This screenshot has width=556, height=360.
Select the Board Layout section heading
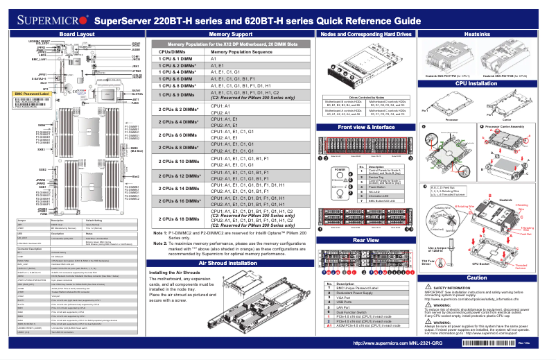[78, 33]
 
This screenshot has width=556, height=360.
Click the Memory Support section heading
[230, 33]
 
